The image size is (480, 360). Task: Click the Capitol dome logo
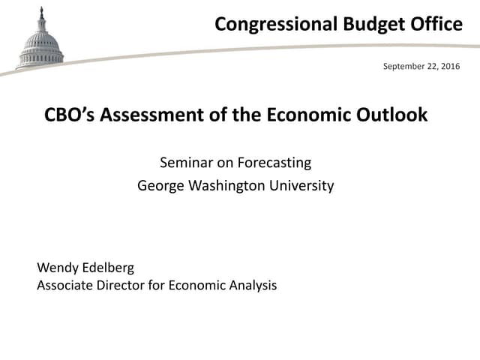(40, 42)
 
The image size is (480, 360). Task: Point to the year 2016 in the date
(449, 67)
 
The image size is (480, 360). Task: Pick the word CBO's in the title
(70, 115)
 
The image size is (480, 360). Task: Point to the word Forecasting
(274, 163)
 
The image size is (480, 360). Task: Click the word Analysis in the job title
(251, 285)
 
